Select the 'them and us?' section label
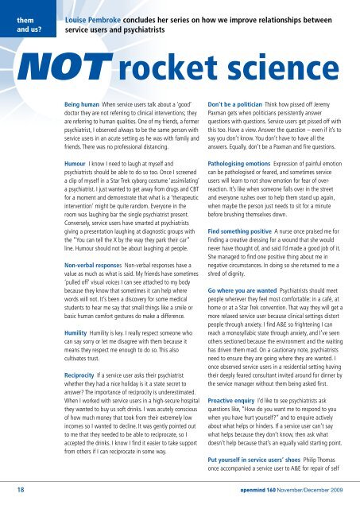click(24, 14)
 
